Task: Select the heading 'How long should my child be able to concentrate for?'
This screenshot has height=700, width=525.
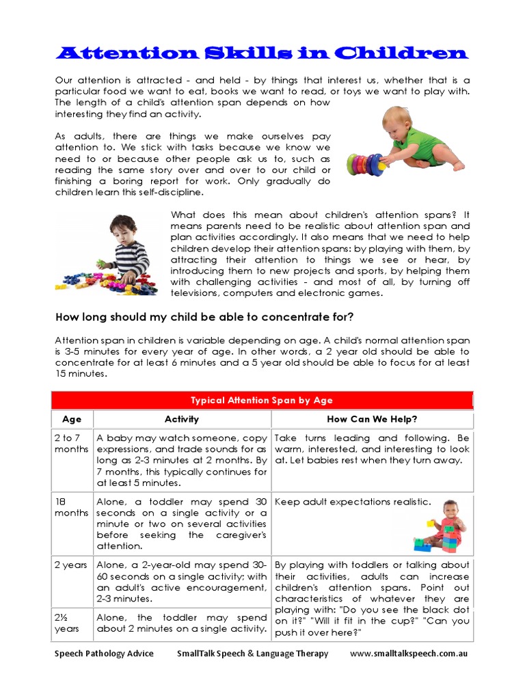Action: coord(204,317)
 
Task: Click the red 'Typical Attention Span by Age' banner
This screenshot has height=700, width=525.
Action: coord(262,400)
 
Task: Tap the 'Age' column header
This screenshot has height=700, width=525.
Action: coord(72,419)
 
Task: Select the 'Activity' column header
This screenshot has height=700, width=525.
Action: coord(182,419)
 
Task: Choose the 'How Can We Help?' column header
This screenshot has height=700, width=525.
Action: coord(372,419)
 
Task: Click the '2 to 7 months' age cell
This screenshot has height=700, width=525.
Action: coord(72,444)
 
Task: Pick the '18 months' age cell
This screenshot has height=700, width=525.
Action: coord(72,507)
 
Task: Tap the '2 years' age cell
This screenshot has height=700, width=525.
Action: coord(72,565)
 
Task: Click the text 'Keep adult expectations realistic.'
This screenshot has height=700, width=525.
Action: coord(353,502)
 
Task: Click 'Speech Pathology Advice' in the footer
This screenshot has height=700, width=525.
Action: coord(104,654)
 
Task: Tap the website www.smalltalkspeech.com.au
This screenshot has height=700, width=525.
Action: coord(408,654)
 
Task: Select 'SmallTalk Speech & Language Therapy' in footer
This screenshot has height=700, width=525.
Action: coord(252,654)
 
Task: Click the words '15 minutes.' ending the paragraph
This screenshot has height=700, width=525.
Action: coord(81,374)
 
